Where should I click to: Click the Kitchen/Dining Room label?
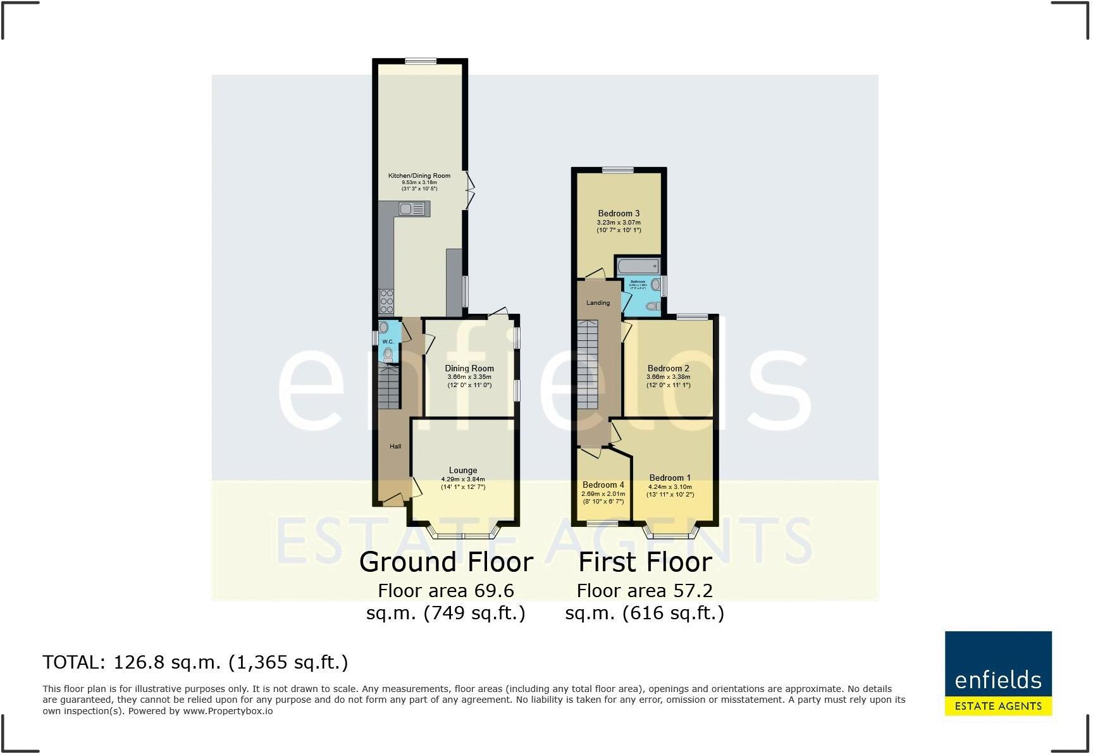419,176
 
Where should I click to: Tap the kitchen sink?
412,208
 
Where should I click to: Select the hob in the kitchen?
386,301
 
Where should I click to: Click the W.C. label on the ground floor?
388,342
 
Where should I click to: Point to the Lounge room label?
462,470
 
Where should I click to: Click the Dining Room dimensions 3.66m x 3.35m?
469,377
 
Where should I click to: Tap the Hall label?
395,447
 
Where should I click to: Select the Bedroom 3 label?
619,213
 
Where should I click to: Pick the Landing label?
598,303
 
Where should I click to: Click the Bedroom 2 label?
668,368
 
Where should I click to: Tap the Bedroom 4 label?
603,485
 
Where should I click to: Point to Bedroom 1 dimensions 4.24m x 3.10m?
670,487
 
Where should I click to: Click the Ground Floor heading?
446,562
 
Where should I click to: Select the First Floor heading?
645,562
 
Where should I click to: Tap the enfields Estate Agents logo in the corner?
997,673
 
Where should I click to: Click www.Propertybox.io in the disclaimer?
228,711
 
